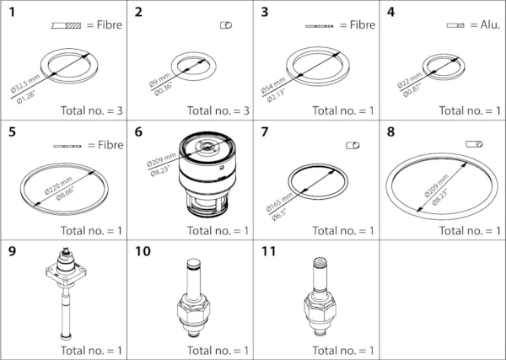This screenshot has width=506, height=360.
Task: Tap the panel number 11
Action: [x=267, y=251]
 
